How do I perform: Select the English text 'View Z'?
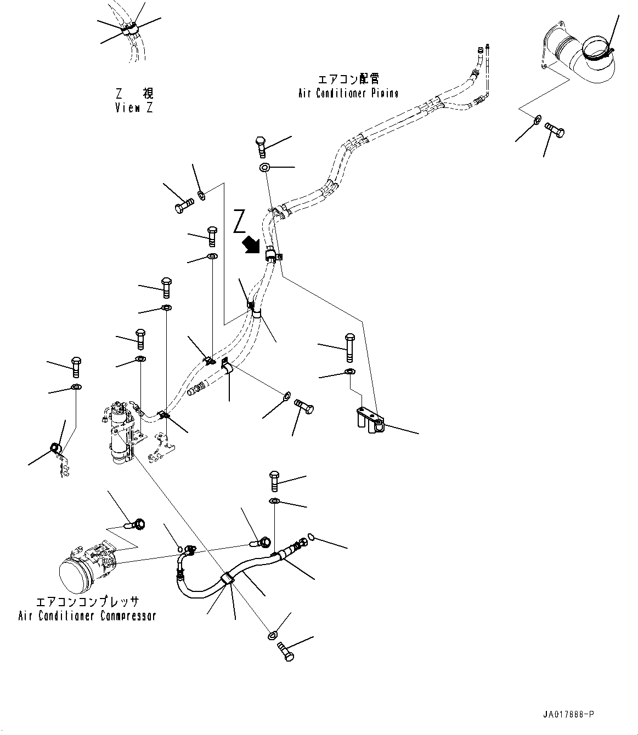click(x=134, y=107)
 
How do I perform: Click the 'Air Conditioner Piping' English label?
click(x=348, y=93)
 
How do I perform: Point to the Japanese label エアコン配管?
click(x=349, y=80)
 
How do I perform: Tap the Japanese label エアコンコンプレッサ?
click(x=87, y=602)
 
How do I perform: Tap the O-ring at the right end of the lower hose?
click(x=311, y=537)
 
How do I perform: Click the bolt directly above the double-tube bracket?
click(x=349, y=346)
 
